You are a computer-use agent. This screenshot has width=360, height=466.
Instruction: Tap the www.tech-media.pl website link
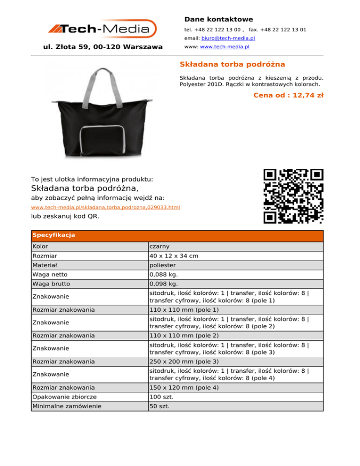pyautogui.click(x=225, y=47)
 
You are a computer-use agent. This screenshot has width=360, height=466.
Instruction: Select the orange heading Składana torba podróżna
pyautogui.click(x=232, y=64)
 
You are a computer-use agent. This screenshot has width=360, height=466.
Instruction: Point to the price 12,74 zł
pyautogui.click(x=305, y=95)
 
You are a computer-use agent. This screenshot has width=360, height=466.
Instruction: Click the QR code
pyautogui.click(x=293, y=195)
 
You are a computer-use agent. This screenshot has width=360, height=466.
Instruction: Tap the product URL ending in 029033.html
pyautogui.click(x=105, y=207)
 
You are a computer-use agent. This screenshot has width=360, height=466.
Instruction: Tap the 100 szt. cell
pyautogui.click(x=162, y=397)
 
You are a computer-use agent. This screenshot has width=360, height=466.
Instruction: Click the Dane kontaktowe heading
pyautogui.click(x=218, y=19)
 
